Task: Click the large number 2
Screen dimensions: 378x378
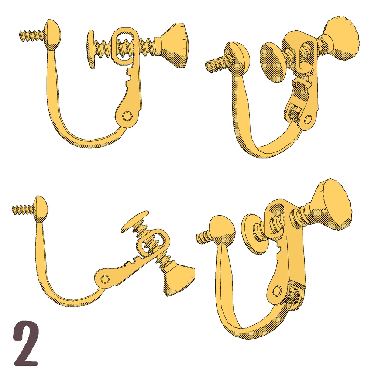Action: (x=26, y=344)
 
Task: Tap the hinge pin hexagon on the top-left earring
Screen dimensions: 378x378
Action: (x=127, y=116)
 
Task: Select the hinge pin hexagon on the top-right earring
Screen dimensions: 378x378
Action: (x=308, y=119)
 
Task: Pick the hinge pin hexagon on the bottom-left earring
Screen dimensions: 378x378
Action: (x=105, y=279)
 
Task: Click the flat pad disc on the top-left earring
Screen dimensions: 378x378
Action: (x=91, y=49)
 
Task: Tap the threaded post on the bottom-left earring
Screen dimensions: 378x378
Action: (x=24, y=209)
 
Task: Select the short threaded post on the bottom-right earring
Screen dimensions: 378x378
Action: (x=203, y=237)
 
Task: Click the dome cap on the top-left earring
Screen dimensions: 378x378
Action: (x=53, y=35)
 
